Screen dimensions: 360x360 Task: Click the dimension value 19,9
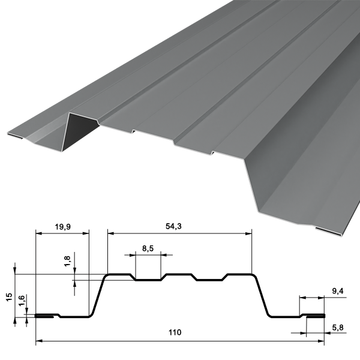click(x=62, y=227)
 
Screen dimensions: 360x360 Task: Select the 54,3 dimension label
click(x=173, y=226)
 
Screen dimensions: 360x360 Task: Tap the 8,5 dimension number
click(x=148, y=248)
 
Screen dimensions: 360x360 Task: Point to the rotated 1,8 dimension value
click(x=67, y=261)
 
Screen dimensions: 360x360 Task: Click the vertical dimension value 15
click(x=9, y=297)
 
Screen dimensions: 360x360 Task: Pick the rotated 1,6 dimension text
click(x=22, y=301)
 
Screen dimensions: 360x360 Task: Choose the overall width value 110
click(x=175, y=332)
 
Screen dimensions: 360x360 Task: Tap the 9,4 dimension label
click(x=338, y=291)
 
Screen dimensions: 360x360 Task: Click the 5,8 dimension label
click(x=338, y=328)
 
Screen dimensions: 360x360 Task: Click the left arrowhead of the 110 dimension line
click(x=39, y=341)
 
